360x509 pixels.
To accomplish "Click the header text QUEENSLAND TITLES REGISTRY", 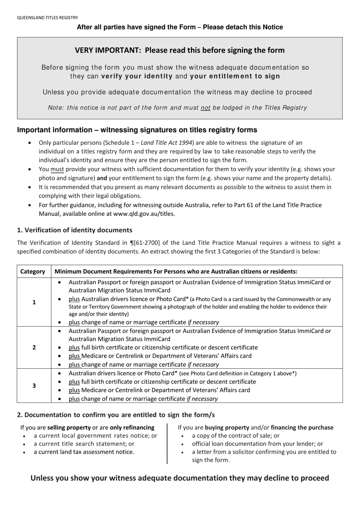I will pyautogui.click(x=47, y=17).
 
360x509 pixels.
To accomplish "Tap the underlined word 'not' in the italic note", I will pyautogui.click(x=205, y=108).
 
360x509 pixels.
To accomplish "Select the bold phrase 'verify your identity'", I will pyautogui.click(x=137, y=76).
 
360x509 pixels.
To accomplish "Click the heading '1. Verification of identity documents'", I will pyautogui.click(x=75, y=230).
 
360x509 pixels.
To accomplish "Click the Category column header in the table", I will pyautogui.click(x=33, y=272).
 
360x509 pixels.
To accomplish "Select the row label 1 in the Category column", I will pyautogui.click(x=34, y=302).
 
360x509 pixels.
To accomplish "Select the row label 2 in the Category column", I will pyautogui.click(x=34, y=348).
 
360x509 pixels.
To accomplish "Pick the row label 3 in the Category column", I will pyautogui.click(x=34, y=386).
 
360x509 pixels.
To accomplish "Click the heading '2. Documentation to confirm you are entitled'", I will pyautogui.click(x=116, y=415).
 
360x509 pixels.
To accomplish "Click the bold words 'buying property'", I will pyautogui.click(x=227, y=428).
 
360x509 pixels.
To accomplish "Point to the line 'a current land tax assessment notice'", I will pyautogui.click(x=84, y=452).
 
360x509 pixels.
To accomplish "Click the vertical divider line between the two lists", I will pyautogui.click(x=167, y=443).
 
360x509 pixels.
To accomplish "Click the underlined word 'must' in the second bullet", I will pyautogui.click(x=57, y=169).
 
